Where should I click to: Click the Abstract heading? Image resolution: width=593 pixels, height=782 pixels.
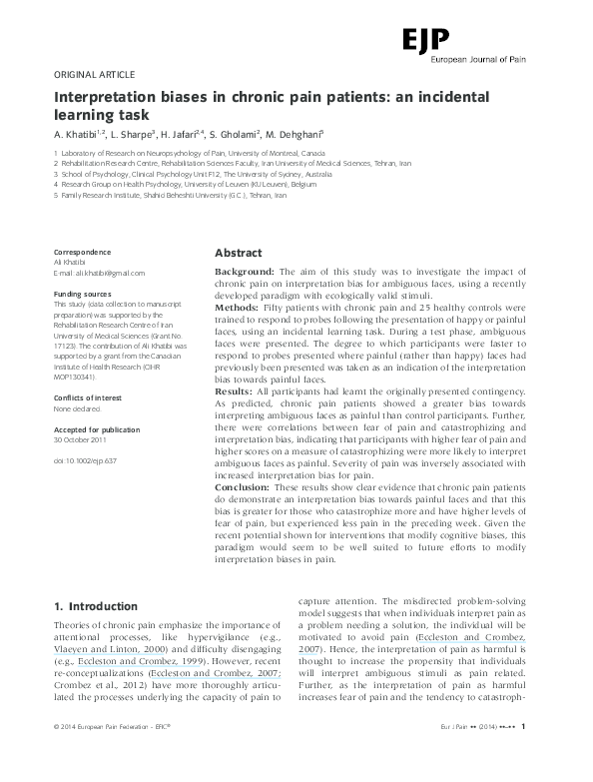coord(239,254)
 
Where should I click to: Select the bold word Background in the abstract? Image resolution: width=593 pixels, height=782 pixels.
coord(246,272)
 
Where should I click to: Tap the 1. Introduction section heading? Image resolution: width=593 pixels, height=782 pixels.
coord(95,606)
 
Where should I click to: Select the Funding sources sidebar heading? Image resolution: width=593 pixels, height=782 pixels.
coord(82,295)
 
